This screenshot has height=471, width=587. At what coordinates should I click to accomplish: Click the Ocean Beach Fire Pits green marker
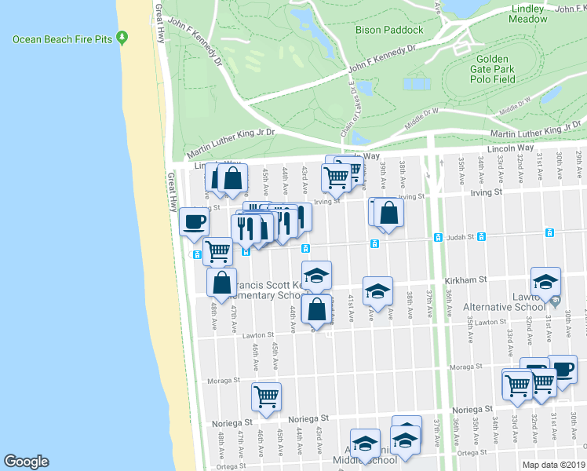[122, 38]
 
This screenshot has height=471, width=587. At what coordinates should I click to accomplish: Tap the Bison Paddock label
[389, 30]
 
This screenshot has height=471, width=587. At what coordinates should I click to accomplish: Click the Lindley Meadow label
[528, 13]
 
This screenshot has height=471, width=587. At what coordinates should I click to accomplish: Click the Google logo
[25, 462]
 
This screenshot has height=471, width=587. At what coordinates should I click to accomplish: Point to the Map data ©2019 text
[554, 464]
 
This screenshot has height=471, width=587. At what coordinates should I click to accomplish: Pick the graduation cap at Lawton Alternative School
[545, 281]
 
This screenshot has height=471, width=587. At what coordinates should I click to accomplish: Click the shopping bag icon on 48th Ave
[221, 283]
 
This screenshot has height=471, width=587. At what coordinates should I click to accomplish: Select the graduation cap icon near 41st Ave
[377, 290]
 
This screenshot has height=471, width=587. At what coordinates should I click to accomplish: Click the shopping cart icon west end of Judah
[217, 251]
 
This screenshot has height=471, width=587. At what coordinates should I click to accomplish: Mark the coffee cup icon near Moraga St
[562, 368]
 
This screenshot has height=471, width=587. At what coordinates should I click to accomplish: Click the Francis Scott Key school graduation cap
[315, 275]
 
